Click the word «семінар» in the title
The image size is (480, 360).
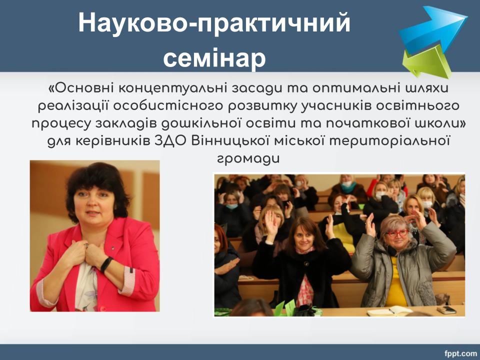click(214, 57)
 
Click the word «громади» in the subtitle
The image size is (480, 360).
click(248, 159)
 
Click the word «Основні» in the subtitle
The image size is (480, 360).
click(81, 88)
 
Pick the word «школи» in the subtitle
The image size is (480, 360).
click(438, 123)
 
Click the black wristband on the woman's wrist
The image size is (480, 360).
click(106, 264)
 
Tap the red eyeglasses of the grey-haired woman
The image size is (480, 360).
click(397, 233)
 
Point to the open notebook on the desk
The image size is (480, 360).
click(389, 311)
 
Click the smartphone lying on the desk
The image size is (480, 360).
click(446, 310)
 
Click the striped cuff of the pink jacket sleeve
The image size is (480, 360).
click(128, 280)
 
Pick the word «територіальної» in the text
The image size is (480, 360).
click(392, 141)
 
